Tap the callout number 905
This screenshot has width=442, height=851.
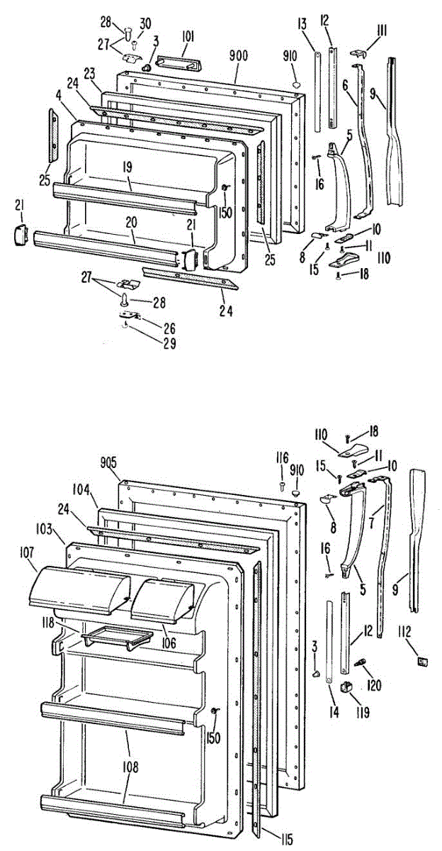(x=108, y=464)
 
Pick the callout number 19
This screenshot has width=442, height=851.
(x=127, y=168)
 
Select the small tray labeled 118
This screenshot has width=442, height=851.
(x=118, y=636)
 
